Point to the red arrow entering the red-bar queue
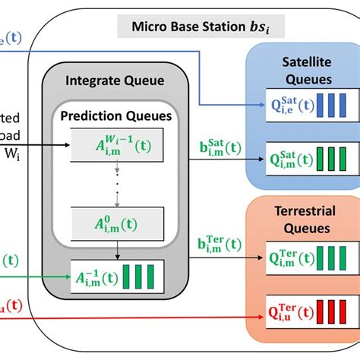pos(152,311)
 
